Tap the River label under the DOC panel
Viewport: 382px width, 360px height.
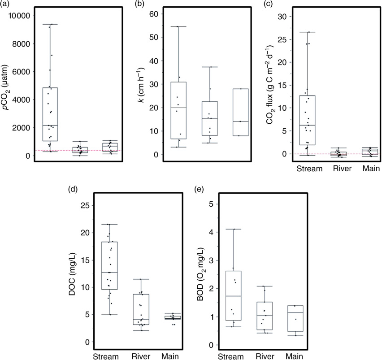141,356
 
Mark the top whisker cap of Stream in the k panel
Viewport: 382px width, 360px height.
178,26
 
